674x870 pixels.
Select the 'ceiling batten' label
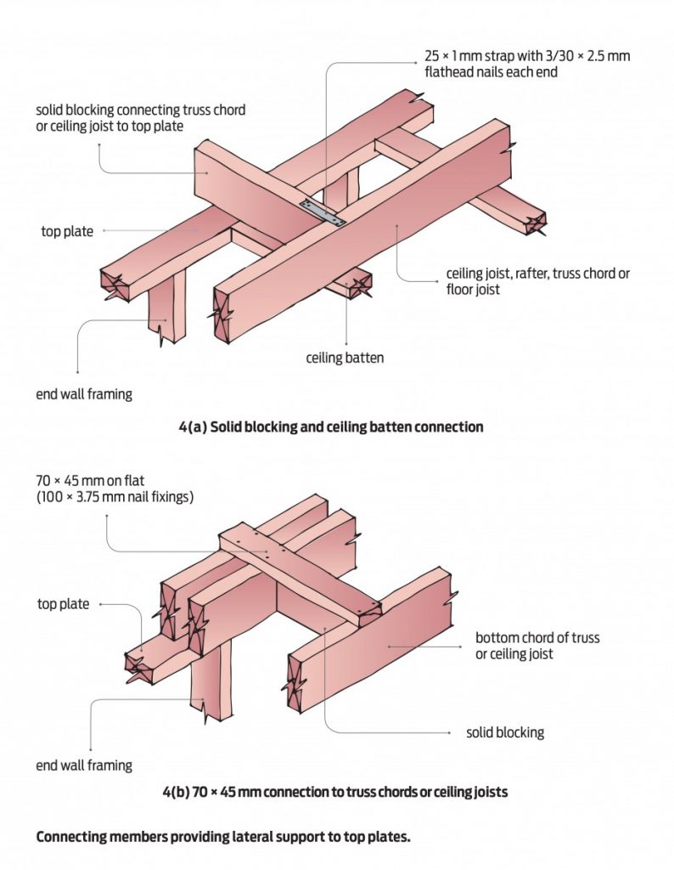(345, 358)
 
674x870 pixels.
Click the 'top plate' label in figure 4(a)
(67, 230)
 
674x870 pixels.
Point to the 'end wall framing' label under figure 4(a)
(84, 393)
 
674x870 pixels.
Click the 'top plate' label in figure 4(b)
(63, 604)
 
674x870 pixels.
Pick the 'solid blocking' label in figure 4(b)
(505, 732)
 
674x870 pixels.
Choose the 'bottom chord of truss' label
(537, 637)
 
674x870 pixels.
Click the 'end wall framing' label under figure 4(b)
(84, 765)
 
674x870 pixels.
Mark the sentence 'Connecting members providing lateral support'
(223, 837)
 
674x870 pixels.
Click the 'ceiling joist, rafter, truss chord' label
(538, 274)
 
